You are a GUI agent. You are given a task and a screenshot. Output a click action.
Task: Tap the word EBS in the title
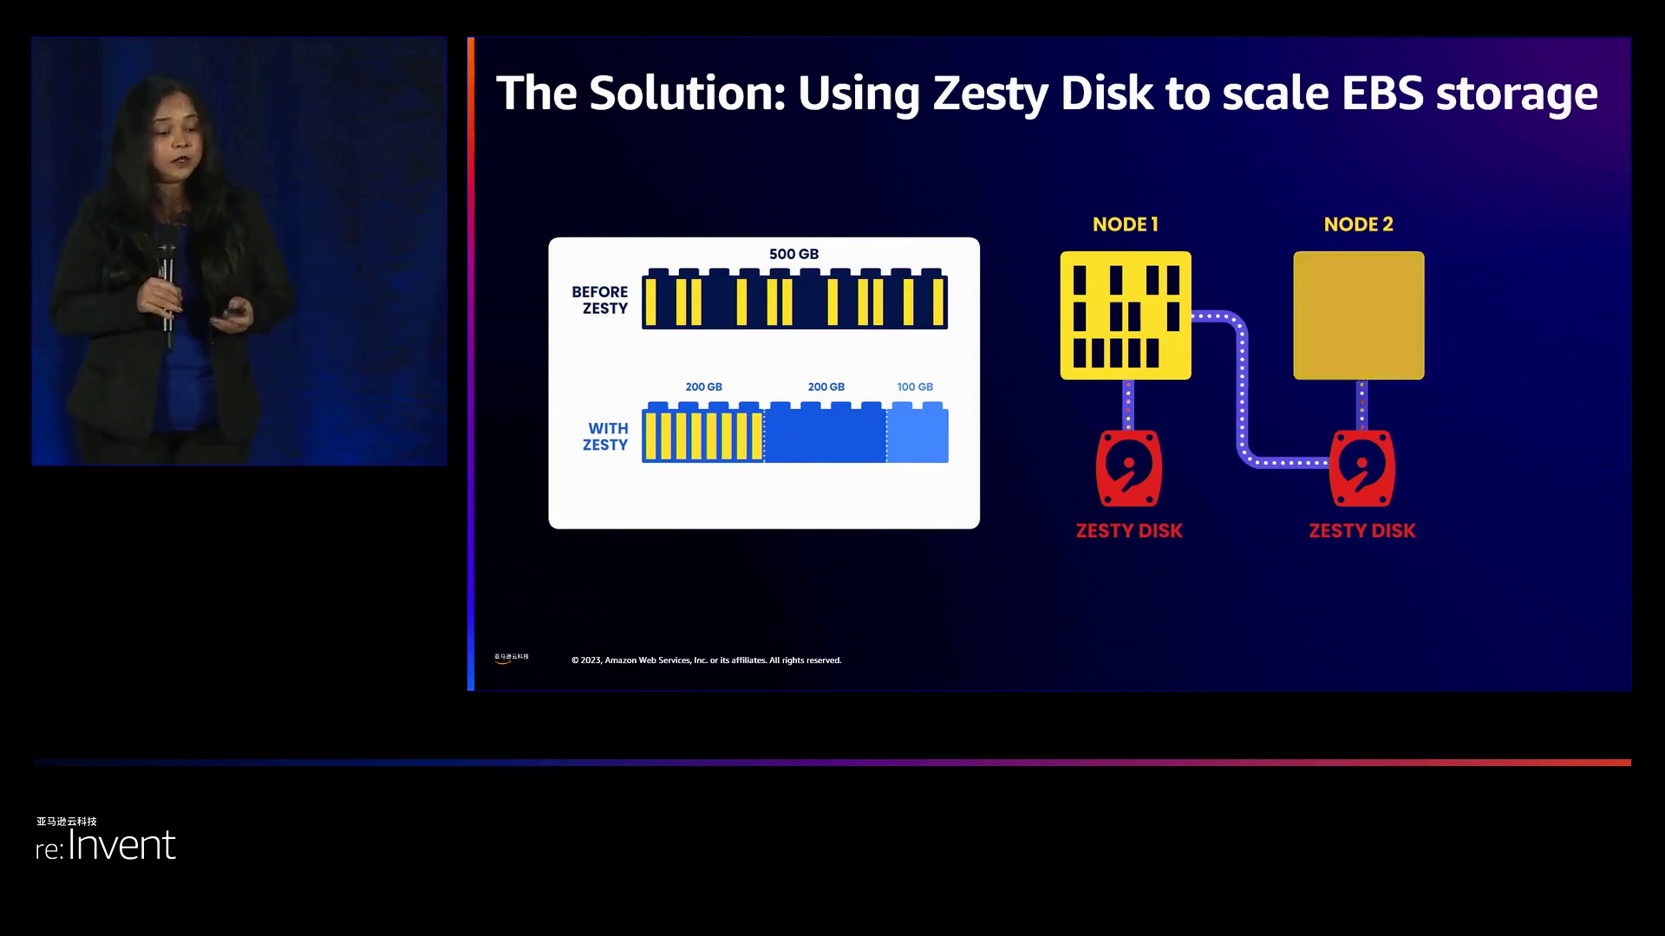[1381, 94]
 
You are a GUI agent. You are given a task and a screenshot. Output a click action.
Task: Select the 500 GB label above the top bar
[793, 254]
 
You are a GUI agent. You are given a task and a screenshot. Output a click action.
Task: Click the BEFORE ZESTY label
[600, 300]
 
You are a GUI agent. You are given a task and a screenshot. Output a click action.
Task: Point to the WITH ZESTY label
[606, 436]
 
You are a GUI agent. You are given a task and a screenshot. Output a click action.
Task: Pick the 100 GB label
[915, 387]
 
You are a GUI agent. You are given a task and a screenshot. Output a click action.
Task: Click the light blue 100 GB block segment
[917, 435]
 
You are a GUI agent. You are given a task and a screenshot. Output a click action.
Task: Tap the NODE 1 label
[1125, 224]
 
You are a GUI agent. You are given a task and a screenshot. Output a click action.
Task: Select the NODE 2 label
[1358, 224]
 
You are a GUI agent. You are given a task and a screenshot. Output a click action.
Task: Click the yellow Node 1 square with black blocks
[1125, 315]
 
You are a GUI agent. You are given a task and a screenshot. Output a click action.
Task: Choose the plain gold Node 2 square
[1358, 315]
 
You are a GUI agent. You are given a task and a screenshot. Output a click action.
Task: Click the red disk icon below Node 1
[1128, 468]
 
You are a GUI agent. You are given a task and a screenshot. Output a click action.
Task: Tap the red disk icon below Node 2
[1361, 468]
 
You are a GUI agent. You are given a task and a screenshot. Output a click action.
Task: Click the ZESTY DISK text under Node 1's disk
[1128, 530]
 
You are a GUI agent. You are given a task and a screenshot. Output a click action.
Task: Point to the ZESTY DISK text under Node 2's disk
[1361, 530]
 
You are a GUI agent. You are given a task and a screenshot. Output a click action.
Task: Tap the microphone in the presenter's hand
[166, 286]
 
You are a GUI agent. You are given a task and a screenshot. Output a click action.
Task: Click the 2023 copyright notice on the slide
[706, 660]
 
